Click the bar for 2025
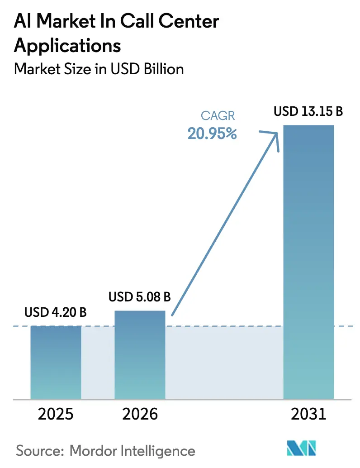point(56,362)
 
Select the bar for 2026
point(140,354)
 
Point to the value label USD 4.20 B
point(56,312)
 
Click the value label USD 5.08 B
point(140,297)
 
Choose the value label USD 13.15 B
point(308,111)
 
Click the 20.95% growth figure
point(213,134)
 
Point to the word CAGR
point(218,116)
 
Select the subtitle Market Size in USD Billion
point(99,69)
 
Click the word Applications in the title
point(68,46)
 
